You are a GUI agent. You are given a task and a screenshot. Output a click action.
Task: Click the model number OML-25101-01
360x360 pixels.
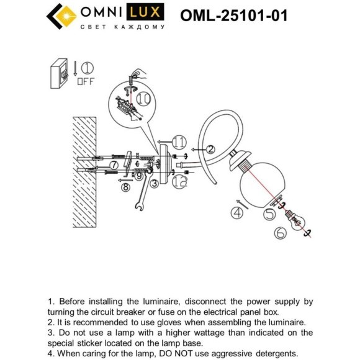pyautogui.click(x=233, y=15)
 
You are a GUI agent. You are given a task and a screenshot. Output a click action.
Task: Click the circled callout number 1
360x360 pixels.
pyautogui.click(x=88, y=67)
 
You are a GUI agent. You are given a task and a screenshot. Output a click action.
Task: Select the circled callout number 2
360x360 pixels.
pyautogui.click(x=210, y=149)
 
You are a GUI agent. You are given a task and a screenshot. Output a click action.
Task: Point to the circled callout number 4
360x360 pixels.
pyautogui.click(x=236, y=213)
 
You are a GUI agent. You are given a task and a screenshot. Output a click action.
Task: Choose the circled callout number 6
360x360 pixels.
pyautogui.click(x=279, y=233)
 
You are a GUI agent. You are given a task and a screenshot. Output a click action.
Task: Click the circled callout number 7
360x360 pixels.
pyautogui.click(x=114, y=164)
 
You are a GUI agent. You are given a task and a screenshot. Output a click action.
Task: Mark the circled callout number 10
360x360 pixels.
pyautogui.click(x=144, y=98)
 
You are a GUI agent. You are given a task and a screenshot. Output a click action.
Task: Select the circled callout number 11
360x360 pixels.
pyautogui.click(x=180, y=142)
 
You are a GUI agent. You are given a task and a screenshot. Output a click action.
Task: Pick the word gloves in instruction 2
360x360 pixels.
pyautogui.click(x=205, y=323)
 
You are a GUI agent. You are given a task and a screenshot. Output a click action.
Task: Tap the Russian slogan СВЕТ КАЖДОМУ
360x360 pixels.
pyautogui.click(x=123, y=27)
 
